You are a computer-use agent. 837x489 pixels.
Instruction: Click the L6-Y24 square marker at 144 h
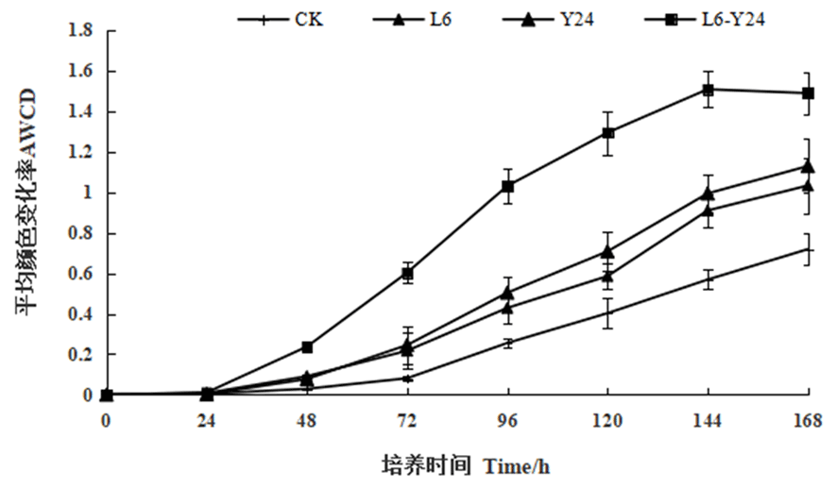tap(708, 90)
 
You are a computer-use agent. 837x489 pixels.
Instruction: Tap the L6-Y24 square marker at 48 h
tap(307, 347)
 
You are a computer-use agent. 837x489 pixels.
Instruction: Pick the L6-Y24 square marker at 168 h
tap(808, 93)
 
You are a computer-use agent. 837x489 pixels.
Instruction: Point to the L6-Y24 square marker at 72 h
tap(407, 274)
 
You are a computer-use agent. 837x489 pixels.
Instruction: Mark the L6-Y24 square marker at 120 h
tap(607, 133)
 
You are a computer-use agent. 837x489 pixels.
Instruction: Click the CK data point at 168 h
tap(808, 249)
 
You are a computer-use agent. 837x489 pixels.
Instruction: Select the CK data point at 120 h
tap(607, 312)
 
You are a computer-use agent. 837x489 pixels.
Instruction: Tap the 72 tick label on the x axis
tap(407, 420)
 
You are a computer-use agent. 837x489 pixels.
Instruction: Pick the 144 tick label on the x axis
tap(708, 420)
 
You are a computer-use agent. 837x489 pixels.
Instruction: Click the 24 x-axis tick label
tap(207, 420)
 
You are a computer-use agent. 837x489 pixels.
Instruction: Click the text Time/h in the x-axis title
tap(516, 465)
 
